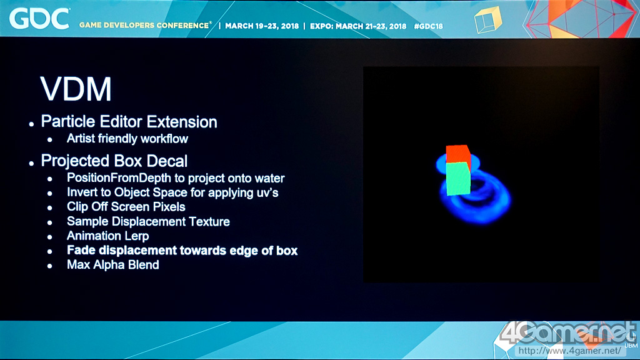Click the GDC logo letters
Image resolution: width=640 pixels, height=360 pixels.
39,19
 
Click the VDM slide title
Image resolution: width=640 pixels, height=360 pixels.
76,89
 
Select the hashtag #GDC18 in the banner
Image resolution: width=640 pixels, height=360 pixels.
428,26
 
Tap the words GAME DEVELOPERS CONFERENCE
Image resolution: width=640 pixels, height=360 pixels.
144,25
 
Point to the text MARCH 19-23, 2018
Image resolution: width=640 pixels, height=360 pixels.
262,26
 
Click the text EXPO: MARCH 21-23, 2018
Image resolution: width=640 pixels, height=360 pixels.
358,26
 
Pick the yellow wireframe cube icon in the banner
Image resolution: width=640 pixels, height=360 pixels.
487,20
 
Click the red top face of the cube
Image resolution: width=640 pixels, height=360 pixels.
458,154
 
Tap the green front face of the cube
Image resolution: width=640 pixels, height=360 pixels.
458,179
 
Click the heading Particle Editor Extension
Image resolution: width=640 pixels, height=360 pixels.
129,122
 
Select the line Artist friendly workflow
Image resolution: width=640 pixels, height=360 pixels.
127,139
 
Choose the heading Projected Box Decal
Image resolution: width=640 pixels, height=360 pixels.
114,161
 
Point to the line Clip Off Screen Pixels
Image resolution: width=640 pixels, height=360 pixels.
126,206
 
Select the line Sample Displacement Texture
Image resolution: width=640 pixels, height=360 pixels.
148,221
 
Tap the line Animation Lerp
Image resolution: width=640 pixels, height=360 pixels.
107,236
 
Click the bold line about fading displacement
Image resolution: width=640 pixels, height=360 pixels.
182,250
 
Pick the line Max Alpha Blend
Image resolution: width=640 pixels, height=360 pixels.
112,264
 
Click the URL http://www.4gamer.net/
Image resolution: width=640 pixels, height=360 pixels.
570,351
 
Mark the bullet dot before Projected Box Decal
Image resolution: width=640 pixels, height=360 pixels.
31,163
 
